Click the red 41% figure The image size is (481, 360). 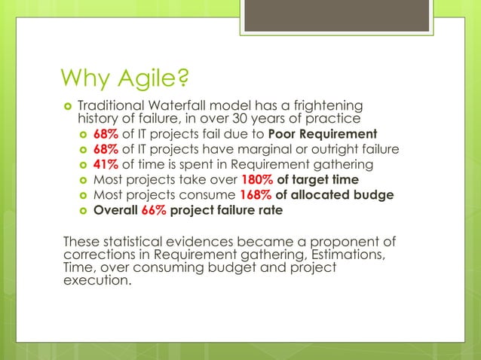[x=106, y=165]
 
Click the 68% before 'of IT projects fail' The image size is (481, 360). [x=106, y=134]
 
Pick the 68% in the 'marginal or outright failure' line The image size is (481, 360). [x=106, y=149]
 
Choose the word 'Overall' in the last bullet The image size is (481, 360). [x=115, y=210]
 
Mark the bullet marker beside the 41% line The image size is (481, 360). [x=82, y=166]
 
